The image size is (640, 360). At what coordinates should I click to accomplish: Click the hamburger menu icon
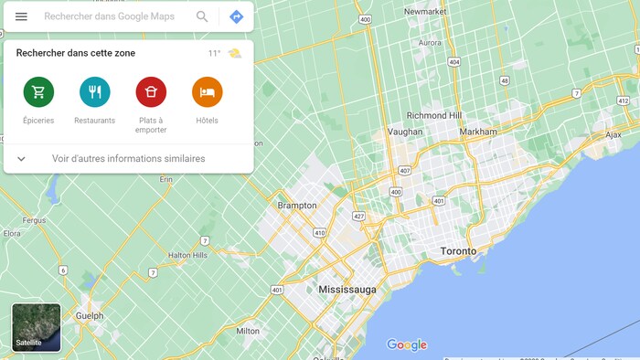21,16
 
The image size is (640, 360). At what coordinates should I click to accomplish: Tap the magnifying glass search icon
202,16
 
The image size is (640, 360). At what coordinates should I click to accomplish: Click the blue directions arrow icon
236,16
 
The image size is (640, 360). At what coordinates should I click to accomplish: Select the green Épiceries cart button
38,91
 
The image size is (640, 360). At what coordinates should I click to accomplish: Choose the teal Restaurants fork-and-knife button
94,91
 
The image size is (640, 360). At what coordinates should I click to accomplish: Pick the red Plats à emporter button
151,91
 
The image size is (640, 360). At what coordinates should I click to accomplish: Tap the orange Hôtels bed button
207,91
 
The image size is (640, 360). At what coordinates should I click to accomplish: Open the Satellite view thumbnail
37,327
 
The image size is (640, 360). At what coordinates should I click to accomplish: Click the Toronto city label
458,250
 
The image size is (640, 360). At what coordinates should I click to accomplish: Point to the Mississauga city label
347,289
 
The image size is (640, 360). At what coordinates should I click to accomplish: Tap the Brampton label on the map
297,206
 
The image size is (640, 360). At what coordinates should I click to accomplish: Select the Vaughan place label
405,132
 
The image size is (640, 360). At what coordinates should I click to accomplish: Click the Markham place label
478,132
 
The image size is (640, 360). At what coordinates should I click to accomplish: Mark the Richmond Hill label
434,116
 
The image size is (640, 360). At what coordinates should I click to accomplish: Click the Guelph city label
90,316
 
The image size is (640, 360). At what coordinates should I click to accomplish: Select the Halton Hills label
192,255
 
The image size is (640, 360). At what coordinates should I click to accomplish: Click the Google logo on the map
407,344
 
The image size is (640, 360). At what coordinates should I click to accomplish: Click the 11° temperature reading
214,53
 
